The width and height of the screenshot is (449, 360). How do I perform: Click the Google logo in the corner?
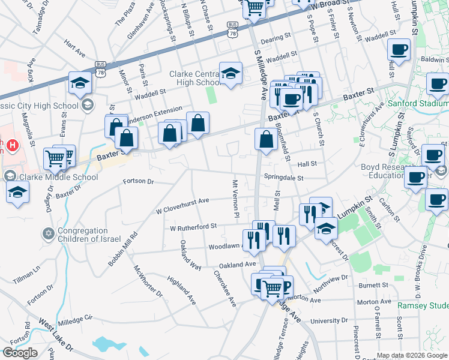pyautogui.click(x=20, y=353)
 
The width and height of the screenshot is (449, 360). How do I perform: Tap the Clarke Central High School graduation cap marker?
pyautogui.click(x=230, y=74)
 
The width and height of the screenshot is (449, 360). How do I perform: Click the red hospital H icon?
pyautogui.click(x=10, y=145)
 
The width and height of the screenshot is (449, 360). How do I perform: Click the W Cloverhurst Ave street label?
pyautogui.click(x=182, y=205)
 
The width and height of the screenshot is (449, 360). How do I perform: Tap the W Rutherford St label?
pyautogui.click(x=193, y=227)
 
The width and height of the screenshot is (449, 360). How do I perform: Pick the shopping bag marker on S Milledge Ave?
pyautogui.click(x=266, y=140)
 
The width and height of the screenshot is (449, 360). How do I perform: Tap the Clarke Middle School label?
pyautogui.click(x=51, y=177)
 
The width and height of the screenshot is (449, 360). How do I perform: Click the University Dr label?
pyautogui.click(x=325, y=321)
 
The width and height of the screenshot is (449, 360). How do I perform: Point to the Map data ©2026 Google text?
pyautogui.click(x=412, y=355)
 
